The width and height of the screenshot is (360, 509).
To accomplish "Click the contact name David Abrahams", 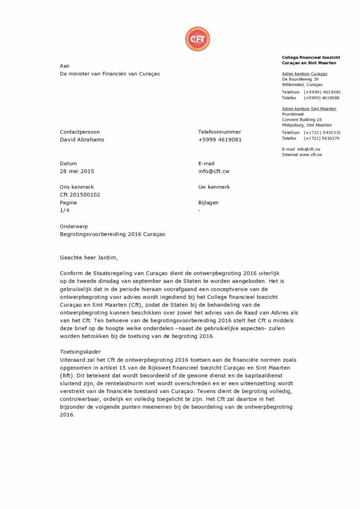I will coord(82,140).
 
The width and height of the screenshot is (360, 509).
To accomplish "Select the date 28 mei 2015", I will coord(77,171).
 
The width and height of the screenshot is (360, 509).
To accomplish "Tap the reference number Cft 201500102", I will coord(80,195).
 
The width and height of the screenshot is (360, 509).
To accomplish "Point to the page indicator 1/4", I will coord(64,211).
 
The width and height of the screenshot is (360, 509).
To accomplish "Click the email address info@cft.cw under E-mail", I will coord(214,171).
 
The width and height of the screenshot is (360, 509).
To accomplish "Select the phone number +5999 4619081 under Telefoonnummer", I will coord(220,140).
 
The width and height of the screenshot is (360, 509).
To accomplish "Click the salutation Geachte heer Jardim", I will coord(90,257).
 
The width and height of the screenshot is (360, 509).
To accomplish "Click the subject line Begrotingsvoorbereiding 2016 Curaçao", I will coord(112,234).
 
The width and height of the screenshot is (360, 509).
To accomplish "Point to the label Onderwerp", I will coord(74,226).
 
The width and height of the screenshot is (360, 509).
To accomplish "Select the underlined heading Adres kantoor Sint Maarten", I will coord(309,108).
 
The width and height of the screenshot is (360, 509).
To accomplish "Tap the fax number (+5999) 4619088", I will coord(322,98).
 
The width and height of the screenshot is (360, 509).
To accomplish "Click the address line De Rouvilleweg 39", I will coord(300,79).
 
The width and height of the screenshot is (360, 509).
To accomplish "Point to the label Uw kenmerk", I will coord(214,187).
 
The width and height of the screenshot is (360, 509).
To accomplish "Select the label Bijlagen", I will coord(208,203).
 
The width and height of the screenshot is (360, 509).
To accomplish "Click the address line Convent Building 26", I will coord(302,120).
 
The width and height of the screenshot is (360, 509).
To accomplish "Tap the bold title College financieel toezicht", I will coord(311,58).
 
